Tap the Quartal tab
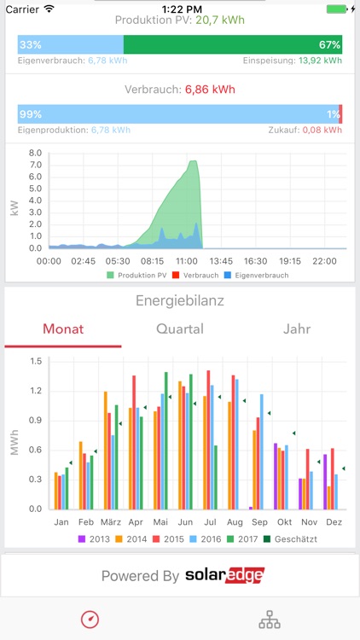click(180, 329)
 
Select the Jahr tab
click(297, 329)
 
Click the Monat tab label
click(63, 329)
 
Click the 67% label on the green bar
click(330, 44)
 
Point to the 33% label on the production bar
click(30, 44)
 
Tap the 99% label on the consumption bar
click(30, 113)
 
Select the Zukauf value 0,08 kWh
click(325, 130)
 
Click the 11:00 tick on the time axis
click(187, 262)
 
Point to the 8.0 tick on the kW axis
click(35, 154)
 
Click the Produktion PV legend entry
click(136, 276)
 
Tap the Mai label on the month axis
click(160, 521)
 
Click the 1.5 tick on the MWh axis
click(35, 361)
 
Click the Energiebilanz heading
click(180, 300)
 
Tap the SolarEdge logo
click(224, 575)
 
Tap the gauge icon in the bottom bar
click(90, 619)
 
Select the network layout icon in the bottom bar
click(270, 619)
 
